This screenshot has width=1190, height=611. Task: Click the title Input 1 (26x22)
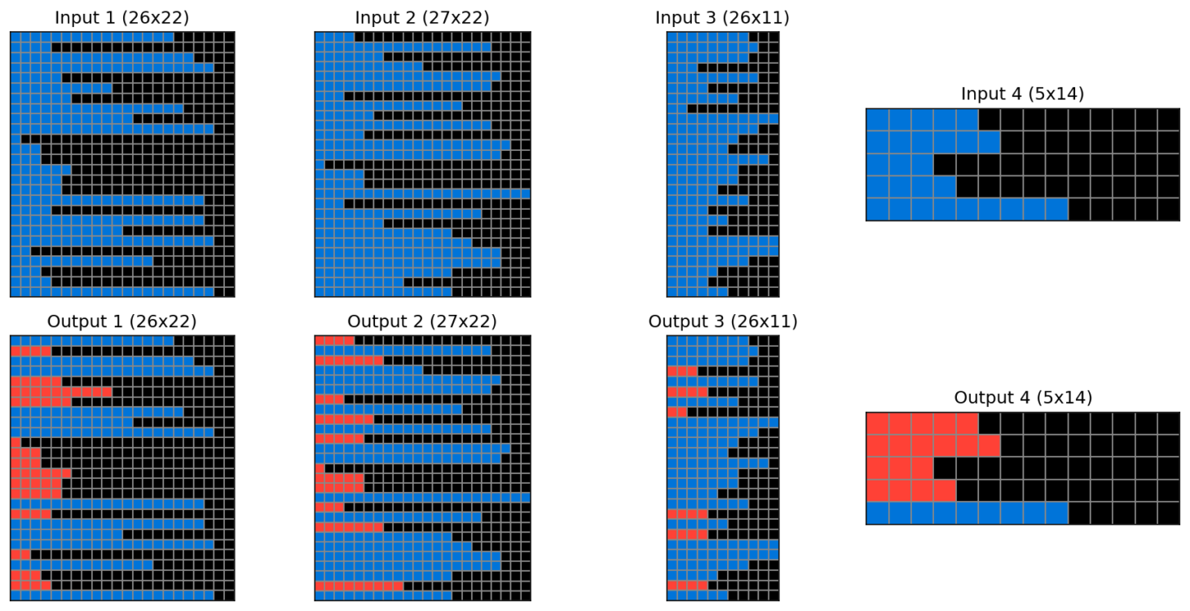click(122, 17)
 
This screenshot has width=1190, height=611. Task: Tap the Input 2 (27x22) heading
click(422, 17)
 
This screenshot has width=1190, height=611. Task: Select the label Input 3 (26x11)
click(722, 17)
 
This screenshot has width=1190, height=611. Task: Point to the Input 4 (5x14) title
click(1022, 94)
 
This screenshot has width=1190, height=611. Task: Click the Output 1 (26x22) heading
click(122, 321)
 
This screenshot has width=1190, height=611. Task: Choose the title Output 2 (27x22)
click(422, 321)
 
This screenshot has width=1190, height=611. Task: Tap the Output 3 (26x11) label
click(722, 321)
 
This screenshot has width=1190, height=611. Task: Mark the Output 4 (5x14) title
click(1022, 398)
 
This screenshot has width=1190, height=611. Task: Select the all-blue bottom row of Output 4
click(966, 513)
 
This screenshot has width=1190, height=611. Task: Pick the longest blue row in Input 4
click(966, 210)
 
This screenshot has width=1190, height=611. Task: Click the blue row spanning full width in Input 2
click(422, 193)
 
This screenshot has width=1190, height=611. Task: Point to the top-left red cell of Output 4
click(877, 423)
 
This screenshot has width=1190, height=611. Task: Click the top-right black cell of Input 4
click(1168, 119)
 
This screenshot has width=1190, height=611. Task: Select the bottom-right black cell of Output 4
click(1168, 513)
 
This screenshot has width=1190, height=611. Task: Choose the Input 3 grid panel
click(722, 164)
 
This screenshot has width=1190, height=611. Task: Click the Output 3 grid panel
click(722, 467)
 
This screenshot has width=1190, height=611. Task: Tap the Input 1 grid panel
click(122, 164)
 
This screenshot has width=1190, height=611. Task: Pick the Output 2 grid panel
click(422, 467)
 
